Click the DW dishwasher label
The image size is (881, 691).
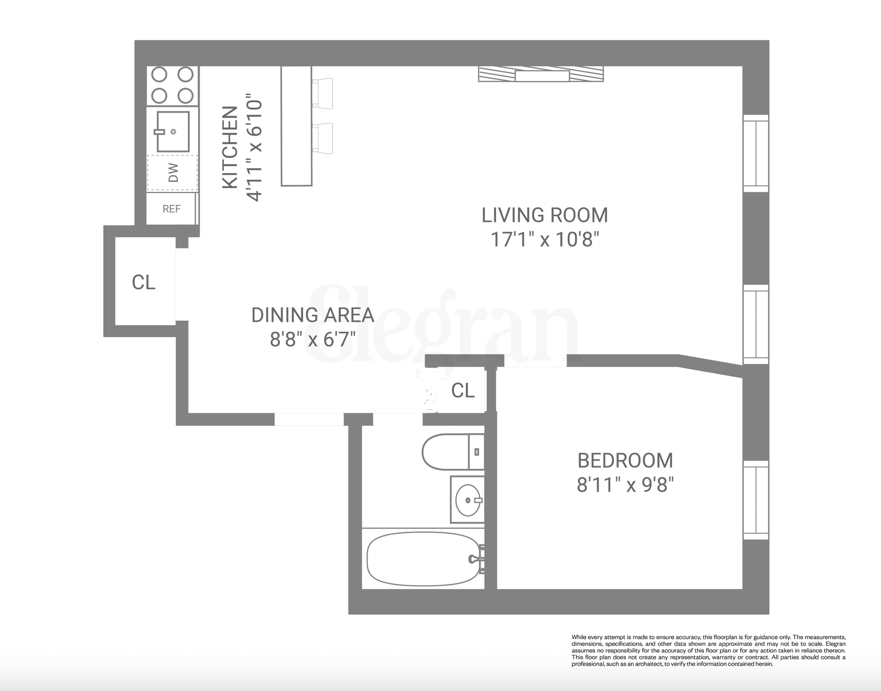pos(173,172)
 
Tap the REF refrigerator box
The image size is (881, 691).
pos(171,208)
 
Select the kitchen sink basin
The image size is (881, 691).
pos(173,132)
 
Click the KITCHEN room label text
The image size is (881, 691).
pos(230,147)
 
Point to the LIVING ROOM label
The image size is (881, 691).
pos(545,215)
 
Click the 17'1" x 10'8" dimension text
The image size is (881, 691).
pos(545,239)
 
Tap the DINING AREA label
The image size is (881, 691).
pos(312,315)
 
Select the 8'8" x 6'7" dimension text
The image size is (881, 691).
pos(313,339)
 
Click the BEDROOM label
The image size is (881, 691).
pos(625,460)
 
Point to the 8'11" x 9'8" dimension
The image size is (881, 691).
pos(625,485)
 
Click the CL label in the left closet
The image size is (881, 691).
pos(144,282)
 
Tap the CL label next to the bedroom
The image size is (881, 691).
pos(463,391)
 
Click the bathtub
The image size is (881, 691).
pos(424,559)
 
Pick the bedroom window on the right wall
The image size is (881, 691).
pos(756,500)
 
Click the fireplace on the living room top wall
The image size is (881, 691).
pos(541,74)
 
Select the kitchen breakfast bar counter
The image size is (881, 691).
pos(296,126)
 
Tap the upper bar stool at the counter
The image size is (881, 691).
pos(323,93)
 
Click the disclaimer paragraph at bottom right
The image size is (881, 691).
pos(708,650)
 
